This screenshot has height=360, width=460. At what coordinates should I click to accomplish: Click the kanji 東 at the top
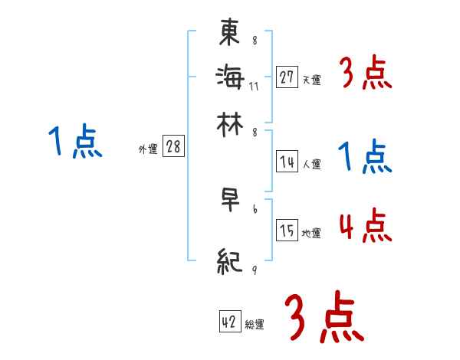coord(230,34)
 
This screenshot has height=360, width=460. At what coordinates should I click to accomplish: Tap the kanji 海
coord(230,77)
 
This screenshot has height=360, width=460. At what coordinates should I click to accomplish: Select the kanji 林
coord(230,123)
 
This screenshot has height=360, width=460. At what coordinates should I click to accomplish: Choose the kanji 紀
coord(230,260)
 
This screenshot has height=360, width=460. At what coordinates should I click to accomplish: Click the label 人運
coord(311,163)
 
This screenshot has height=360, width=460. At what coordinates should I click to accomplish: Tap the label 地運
coord(311,233)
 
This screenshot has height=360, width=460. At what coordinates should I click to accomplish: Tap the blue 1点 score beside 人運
coord(365,158)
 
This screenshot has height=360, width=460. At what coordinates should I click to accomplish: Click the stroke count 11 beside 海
coord(254,85)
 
